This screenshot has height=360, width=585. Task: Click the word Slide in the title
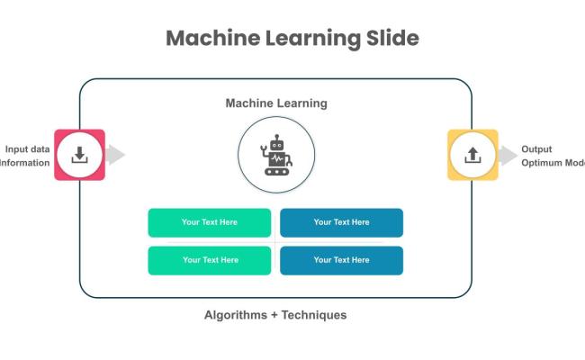[385, 39]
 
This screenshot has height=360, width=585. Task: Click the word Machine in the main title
[211, 39]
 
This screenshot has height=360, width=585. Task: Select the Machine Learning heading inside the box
[276, 103]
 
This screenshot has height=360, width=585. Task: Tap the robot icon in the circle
[276, 155]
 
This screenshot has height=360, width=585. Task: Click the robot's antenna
[276, 138]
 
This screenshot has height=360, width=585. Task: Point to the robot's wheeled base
[276, 170]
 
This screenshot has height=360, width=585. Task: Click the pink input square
[79, 155]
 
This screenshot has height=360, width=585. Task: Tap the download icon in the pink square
[79, 155]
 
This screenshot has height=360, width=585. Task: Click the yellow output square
[472, 155]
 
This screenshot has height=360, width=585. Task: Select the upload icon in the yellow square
[472, 155]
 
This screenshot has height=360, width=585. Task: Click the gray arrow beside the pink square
[115, 155]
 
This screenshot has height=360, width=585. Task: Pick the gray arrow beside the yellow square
[508, 155]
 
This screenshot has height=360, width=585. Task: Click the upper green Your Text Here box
[210, 222]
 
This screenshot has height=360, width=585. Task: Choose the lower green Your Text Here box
[210, 260]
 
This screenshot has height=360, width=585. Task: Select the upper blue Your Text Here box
[341, 222]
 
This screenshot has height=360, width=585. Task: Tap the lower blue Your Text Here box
[341, 260]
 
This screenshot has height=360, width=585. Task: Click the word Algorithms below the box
[235, 315]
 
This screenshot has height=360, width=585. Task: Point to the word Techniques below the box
[314, 315]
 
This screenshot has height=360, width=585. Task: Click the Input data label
[28, 149]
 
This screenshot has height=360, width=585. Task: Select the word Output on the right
[536, 149]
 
